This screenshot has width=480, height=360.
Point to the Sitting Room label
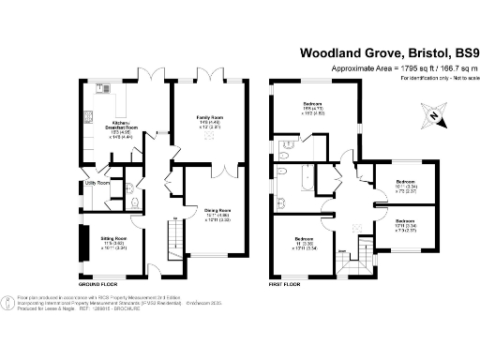click(114, 238)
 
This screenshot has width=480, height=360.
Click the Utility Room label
click(97, 183)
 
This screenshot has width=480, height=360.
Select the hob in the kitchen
click(86, 117)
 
